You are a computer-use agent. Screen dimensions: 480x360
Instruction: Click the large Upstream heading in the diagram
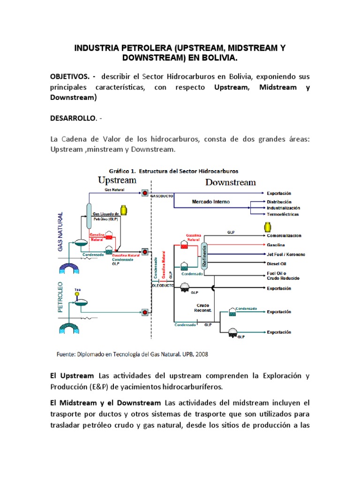(117, 180)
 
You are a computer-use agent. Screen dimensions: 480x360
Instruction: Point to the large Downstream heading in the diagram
(231, 182)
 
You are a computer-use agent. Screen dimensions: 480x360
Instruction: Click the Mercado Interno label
(210, 202)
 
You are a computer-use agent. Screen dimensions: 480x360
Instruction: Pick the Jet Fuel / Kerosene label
(286, 254)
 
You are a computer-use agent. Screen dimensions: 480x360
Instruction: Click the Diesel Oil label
(277, 263)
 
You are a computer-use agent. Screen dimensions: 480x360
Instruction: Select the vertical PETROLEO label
(60, 297)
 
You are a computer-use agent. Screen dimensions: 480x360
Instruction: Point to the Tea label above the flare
(78, 291)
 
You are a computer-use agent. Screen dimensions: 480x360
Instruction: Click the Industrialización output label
(284, 208)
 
